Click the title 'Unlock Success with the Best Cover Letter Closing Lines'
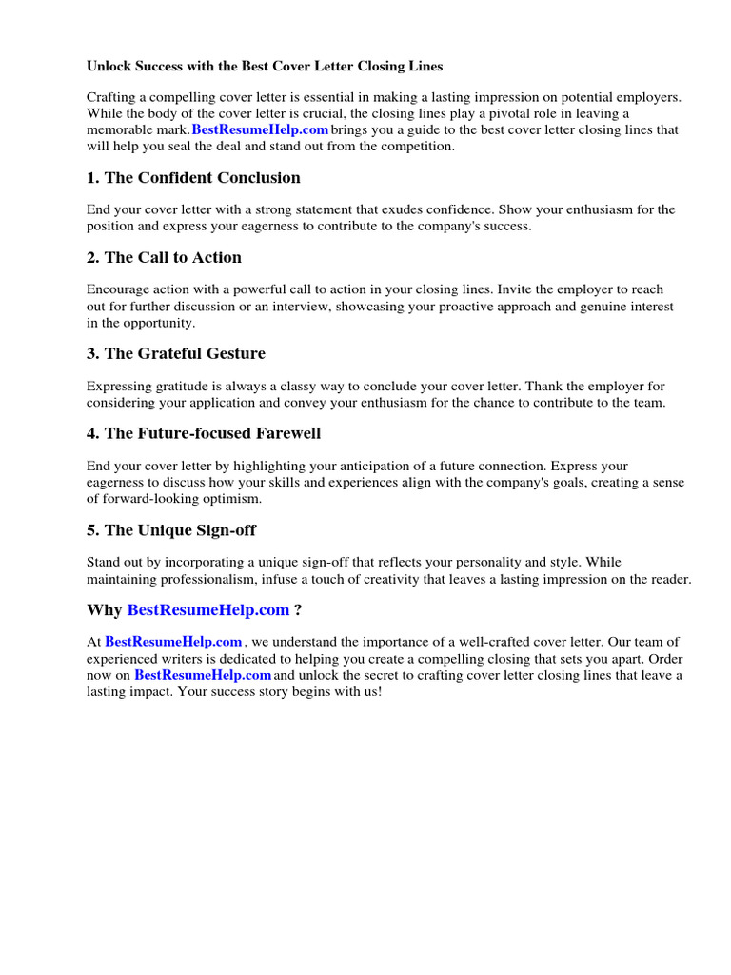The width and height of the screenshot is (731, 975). pyautogui.click(x=265, y=67)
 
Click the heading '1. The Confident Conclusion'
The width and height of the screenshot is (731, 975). pyautogui.click(x=193, y=178)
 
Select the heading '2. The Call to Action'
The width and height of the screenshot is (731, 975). pyautogui.click(x=164, y=258)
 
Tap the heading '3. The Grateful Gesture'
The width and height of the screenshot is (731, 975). pyautogui.click(x=176, y=354)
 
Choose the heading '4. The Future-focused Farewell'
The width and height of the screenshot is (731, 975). pyautogui.click(x=204, y=434)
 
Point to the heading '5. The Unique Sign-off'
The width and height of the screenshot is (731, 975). pyautogui.click(x=171, y=530)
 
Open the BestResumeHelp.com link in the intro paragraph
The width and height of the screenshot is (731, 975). pyautogui.click(x=260, y=130)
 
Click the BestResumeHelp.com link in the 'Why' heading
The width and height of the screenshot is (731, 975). pyautogui.click(x=207, y=610)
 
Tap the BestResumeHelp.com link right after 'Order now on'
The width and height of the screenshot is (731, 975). pyautogui.click(x=203, y=675)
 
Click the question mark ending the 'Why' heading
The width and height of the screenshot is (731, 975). pyautogui.click(x=298, y=610)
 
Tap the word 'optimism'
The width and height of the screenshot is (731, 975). pyautogui.click(x=232, y=499)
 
